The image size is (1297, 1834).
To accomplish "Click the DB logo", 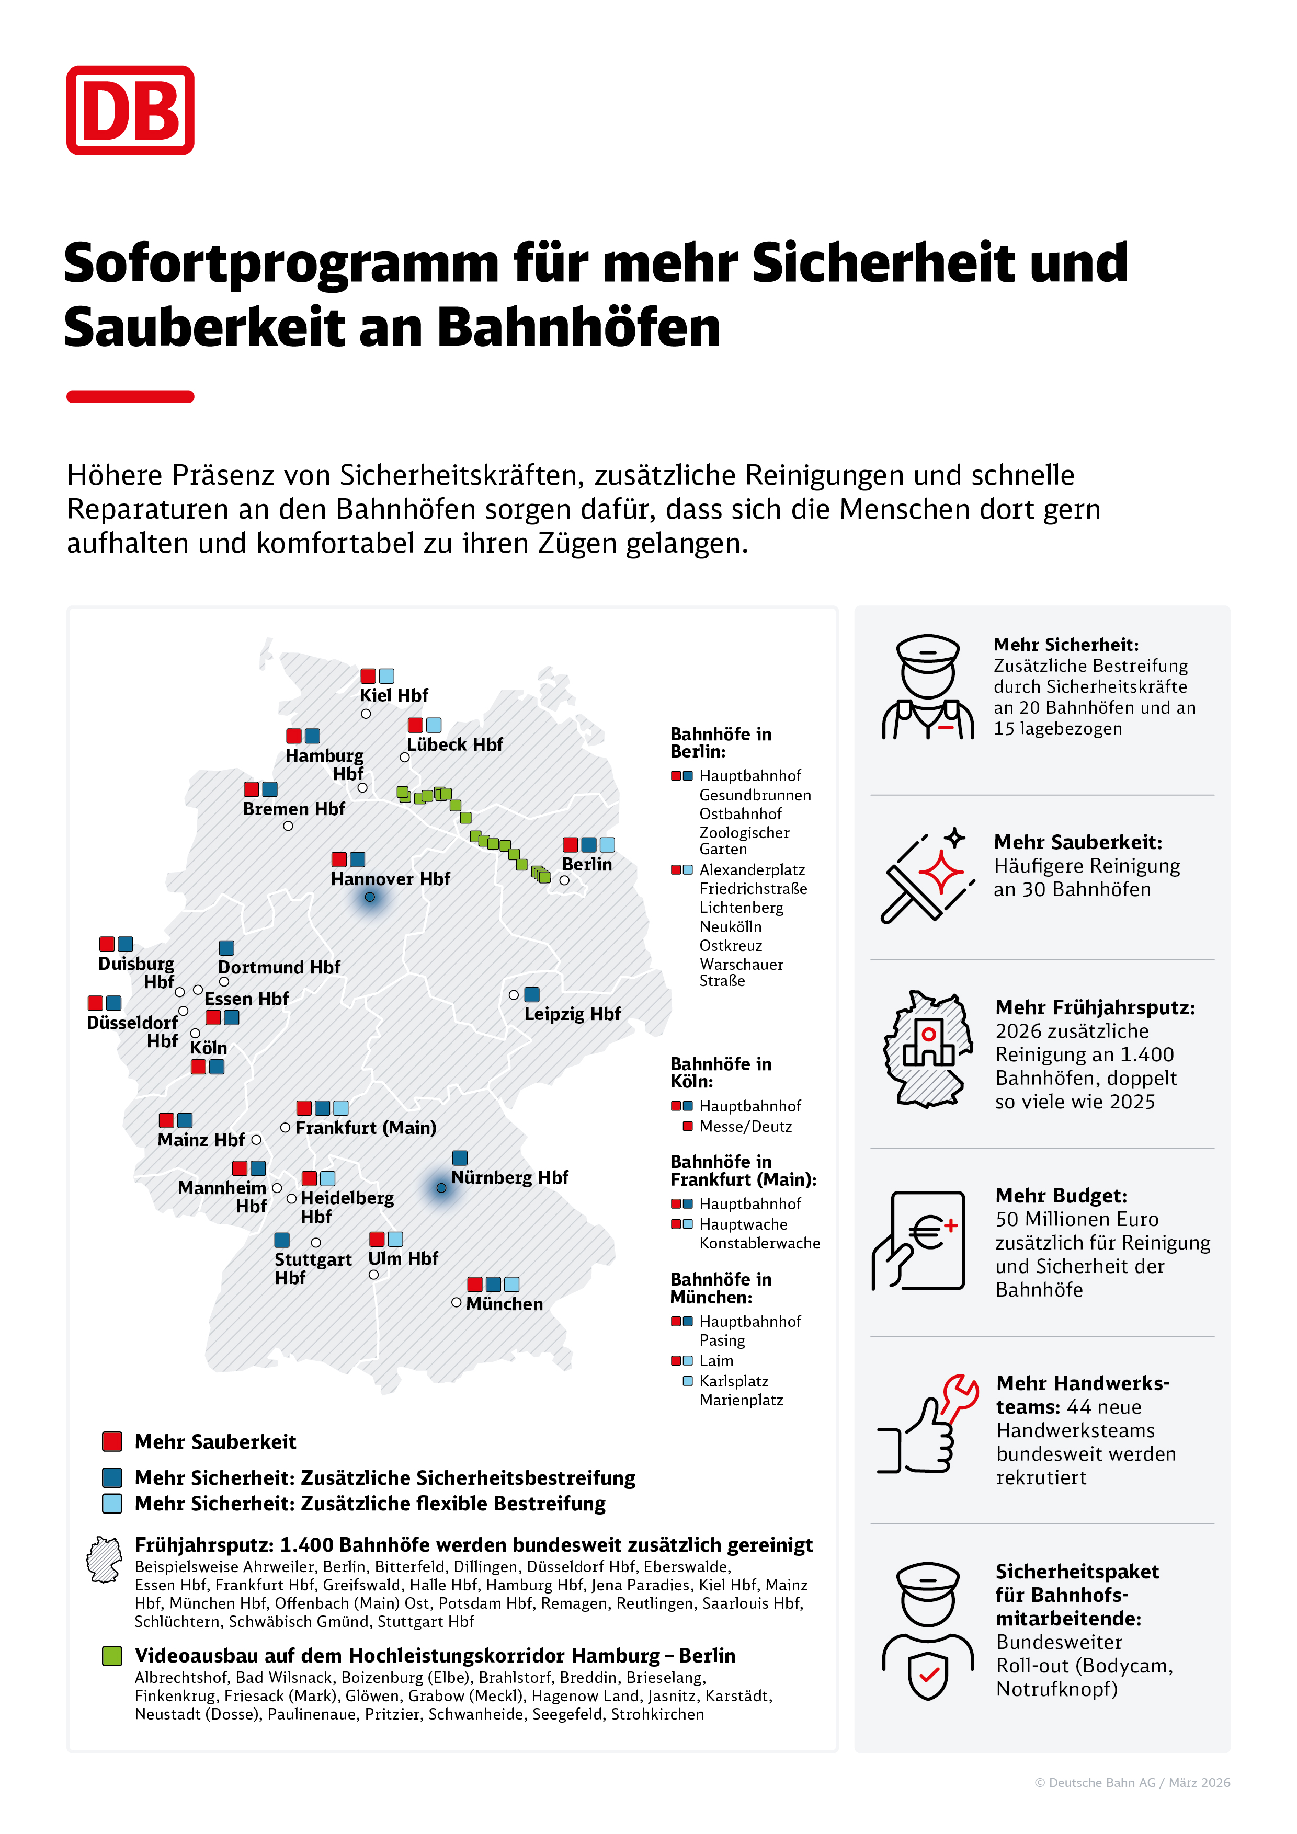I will pyautogui.click(x=130, y=110).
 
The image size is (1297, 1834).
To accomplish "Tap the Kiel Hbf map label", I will pyautogui.click(x=393, y=695).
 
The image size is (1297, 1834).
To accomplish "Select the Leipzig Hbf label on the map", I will pyautogui.click(x=572, y=1014).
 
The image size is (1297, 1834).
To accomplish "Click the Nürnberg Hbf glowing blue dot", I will pyautogui.click(x=441, y=1188).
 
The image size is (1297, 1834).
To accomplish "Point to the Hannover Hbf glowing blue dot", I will pyautogui.click(x=370, y=897).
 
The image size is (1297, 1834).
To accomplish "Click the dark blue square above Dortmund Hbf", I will pyautogui.click(x=227, y=947).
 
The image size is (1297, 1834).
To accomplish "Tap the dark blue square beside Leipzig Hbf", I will pyautogui.click(x=531, y=994).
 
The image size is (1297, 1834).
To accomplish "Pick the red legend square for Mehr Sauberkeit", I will pyautogui.click(x=112, y=1442).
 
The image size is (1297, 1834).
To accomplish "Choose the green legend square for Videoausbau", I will pyautogui.click(x=112, y=1656).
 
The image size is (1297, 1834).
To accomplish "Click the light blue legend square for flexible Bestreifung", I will pyautogui.click(x=112, y=1503).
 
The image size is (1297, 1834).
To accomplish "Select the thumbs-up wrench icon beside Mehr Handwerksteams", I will pyautogui.click(x=927, y=1425).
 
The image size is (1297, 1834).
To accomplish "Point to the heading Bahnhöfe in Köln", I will pyautogui.click(x=721, y=1073).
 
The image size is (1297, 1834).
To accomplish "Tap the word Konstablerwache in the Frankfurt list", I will pyautogui.click(x=760, y=1243).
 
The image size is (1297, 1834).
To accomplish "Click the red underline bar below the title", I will pyautogui.click(x=130, y=397).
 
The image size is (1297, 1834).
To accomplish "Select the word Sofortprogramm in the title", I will pyautogui.click(x=281, y=263).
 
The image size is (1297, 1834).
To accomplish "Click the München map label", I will pyautogui.click(x=504, y=1303).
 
